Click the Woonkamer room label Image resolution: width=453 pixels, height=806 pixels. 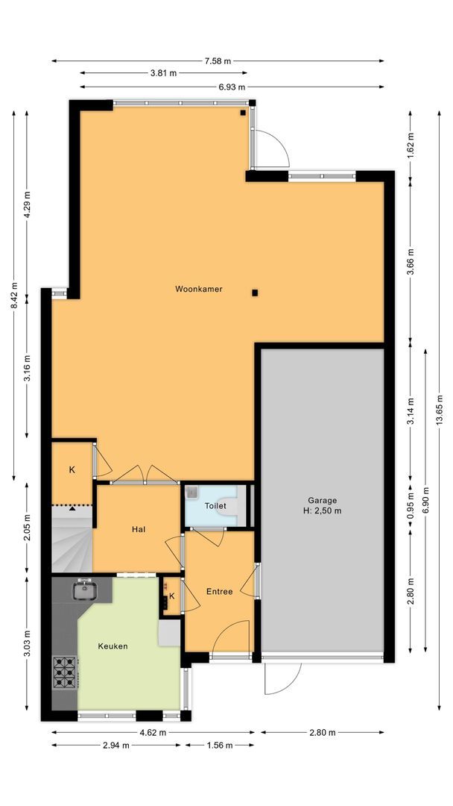coord(199,289)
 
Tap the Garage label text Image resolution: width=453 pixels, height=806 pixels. coord(323,501)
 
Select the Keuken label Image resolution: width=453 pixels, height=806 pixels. coord(113,646)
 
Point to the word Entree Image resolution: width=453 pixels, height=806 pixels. coord(220,592)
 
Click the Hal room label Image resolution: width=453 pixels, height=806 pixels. coord(138,529)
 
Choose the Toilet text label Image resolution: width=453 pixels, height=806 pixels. coord(215,506)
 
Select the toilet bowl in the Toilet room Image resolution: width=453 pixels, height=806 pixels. coord(232,506)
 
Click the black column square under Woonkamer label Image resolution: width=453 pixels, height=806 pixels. coord(255,293)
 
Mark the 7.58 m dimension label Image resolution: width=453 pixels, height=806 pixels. coord(218,60)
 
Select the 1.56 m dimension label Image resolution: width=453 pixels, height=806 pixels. coord(219,745)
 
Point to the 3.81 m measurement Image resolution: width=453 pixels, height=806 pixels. coord(163,73)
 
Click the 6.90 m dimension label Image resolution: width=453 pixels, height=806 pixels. coord(425,499)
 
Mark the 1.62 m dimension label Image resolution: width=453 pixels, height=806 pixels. coord(411,142)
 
